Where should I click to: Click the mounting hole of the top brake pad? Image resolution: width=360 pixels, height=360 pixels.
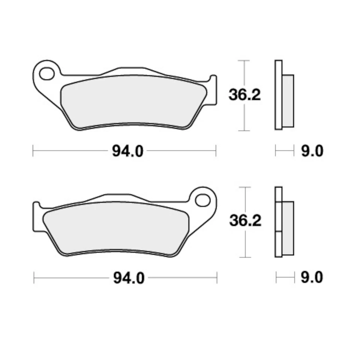[x=47, y=74]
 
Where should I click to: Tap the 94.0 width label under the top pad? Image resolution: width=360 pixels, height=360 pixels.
[x=127, y=151]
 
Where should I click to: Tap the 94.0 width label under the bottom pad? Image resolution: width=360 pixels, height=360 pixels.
[x=128, y=278]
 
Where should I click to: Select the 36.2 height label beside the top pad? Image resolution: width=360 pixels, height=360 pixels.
[x=244, y=95]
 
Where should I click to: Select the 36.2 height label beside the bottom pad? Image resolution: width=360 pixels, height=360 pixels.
[x=245, y=221]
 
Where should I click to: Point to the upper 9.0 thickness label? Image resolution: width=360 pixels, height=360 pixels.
[x=311, y=151]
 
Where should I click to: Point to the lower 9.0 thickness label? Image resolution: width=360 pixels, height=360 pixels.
[x=311, y=278]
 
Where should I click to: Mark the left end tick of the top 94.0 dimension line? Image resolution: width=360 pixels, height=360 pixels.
[x=33, y=151]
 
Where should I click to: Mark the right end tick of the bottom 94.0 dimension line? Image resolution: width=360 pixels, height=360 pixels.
[x=217, y=278]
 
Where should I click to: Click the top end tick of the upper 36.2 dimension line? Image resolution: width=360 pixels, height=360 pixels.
[x=244, y=60]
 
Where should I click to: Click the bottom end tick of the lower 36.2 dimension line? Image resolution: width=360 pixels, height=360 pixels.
[x=245, y=257]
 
